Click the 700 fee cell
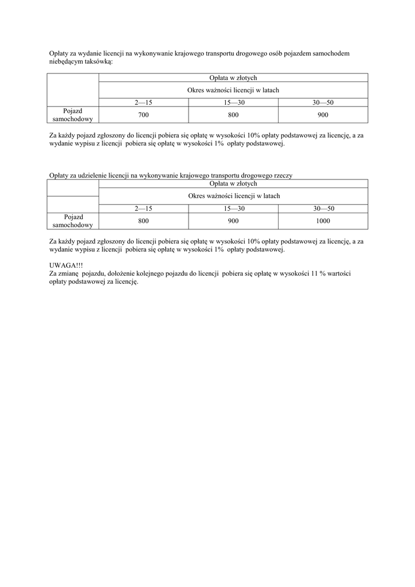[x=143, y=115]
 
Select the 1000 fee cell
[x=323, y=221]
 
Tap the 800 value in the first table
[x=233, y=115]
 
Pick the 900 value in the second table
[x=233, y=221]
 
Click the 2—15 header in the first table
[x=143, y=102]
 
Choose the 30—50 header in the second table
[x=323, y=209]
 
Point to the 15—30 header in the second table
[x=234, y=209]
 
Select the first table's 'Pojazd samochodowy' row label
[x=72, y=115]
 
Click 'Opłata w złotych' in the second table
[x=233, y=183]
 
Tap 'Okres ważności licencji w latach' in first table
[x=233, y=90]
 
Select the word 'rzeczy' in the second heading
[x=283, y=175]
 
